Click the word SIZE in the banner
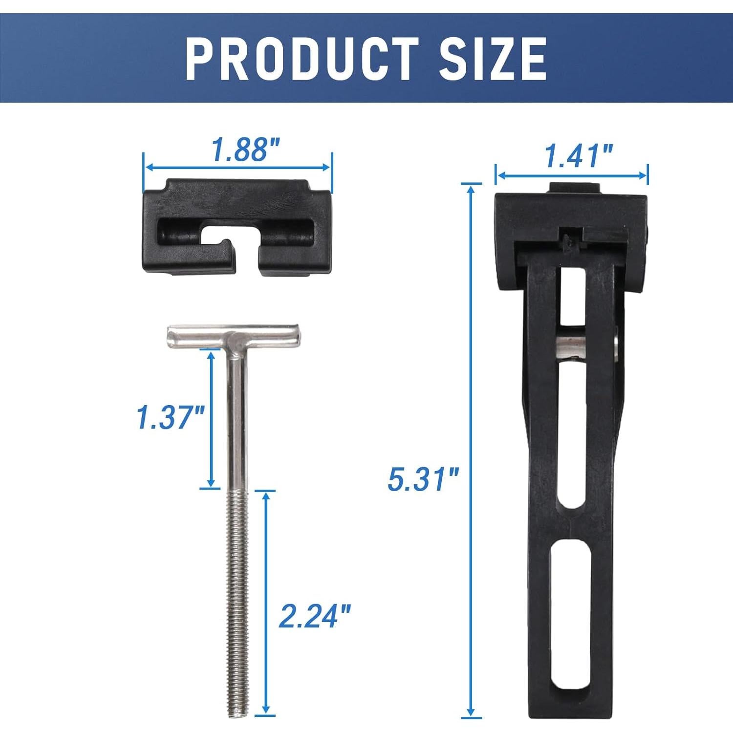click(492, 59)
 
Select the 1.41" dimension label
click(578, 156)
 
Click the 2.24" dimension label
click(314, 616)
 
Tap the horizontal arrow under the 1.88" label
click(238, 167)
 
